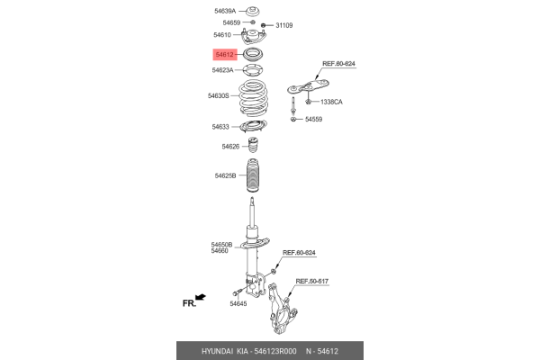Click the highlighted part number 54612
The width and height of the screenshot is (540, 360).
224,54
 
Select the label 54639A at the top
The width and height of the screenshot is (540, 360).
225,11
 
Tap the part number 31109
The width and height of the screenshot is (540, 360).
284,25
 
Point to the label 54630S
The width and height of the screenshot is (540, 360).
219,95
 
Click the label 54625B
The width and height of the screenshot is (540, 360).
225,175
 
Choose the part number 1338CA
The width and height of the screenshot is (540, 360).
331,102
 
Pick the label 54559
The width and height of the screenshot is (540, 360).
314,119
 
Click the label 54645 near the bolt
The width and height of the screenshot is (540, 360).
238,303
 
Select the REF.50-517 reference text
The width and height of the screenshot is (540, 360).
312,281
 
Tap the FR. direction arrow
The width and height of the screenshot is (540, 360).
201,297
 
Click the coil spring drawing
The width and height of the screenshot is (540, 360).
254,99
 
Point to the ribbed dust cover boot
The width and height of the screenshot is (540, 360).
253,175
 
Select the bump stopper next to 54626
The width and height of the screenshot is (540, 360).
254,146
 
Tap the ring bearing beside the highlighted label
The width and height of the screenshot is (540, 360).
253,54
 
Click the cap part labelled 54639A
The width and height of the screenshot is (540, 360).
253,11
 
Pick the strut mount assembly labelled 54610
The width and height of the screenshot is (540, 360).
254,37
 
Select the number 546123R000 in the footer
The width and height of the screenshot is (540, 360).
274,351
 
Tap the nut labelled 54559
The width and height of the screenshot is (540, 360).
293,119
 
